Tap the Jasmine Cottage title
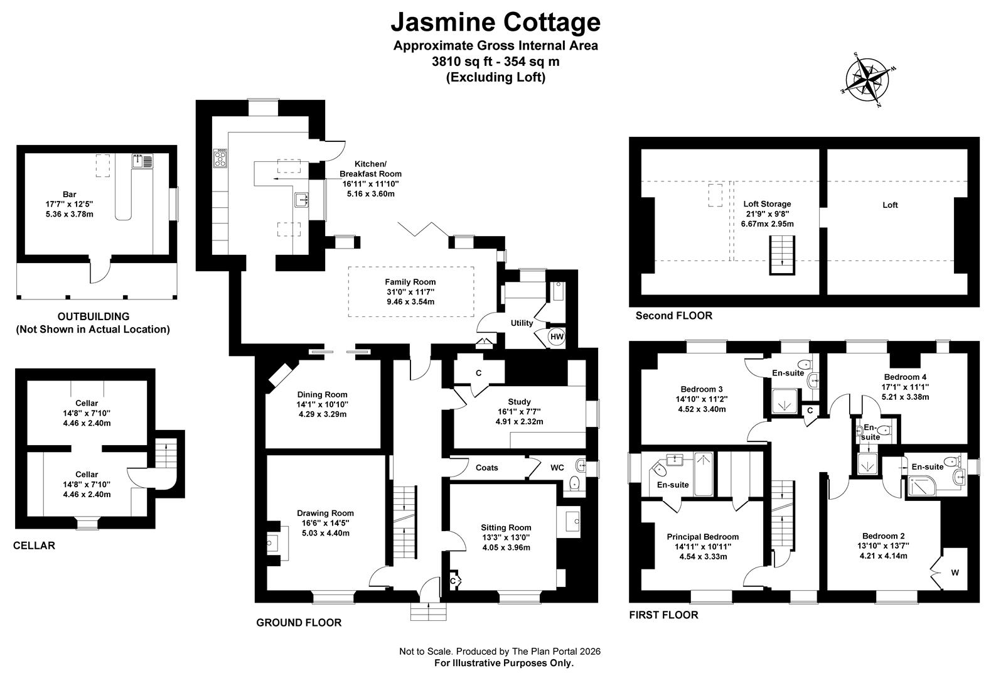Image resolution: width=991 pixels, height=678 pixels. pos(495,22)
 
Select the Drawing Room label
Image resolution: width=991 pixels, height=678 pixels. pos(325,513)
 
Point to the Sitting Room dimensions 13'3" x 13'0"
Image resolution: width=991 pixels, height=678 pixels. pos(506,537)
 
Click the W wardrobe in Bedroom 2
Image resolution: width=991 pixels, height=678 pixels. pos(955,572)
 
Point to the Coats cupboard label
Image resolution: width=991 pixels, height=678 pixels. pos(487,468)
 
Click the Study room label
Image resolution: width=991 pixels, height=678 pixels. pos(519,402)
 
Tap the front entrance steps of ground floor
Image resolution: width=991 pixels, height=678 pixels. pos(429,610)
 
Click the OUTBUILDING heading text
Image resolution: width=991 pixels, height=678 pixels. pos(93,316)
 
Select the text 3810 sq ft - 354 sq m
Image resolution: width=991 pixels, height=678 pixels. pos(495,62)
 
